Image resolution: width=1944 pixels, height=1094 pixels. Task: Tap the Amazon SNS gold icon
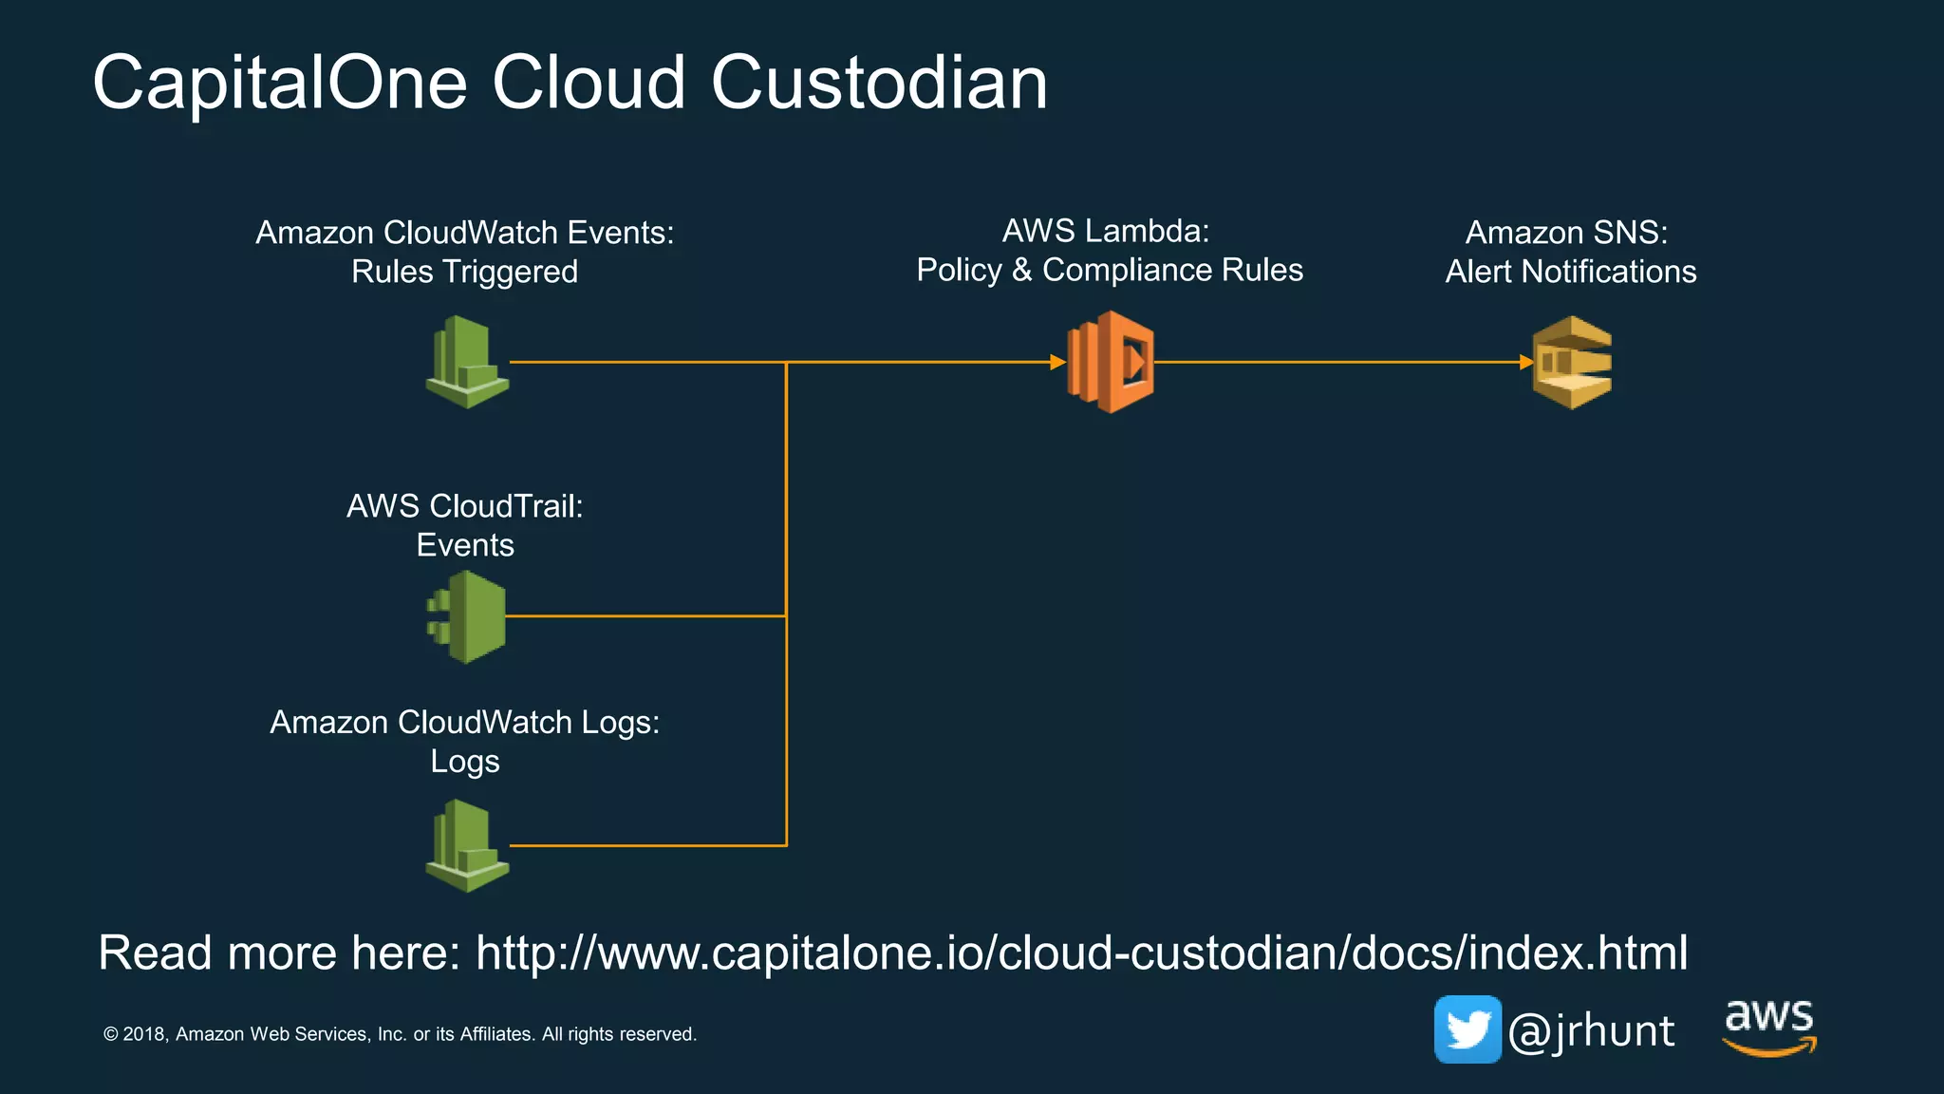coord(1573,363)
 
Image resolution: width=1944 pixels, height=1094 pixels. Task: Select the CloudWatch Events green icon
coord(466,362)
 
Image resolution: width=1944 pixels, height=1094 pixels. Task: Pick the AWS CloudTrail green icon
coord(466,616)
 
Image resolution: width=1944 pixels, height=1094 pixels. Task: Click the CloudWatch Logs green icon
coord(466,845)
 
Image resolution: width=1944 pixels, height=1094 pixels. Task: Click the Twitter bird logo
coord(1467,1029)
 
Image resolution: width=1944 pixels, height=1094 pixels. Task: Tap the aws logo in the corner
coord(1769,1027)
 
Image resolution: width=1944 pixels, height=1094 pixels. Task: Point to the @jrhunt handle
coord(1591,1031)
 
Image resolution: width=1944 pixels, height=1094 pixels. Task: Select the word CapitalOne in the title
coord(280,83)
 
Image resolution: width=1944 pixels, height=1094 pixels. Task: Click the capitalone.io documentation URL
coord(1081,953)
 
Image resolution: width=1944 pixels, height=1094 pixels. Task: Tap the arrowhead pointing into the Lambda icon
coord(1057,362)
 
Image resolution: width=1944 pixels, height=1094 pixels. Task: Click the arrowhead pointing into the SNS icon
coord(1526,362)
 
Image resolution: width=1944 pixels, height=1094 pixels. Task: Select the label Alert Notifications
coord(1570,272)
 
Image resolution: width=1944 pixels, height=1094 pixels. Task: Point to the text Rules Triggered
coord(464,272)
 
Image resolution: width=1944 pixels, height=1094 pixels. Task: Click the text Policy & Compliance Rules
coord(1110,270)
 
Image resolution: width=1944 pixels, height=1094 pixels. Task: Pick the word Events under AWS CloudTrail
coord(465,545)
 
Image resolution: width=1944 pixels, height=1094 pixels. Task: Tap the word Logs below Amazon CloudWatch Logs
coord(465,762)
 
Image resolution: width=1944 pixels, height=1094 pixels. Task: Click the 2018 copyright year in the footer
coord(145,1034)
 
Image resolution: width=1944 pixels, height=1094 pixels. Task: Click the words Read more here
coord(279,953)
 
